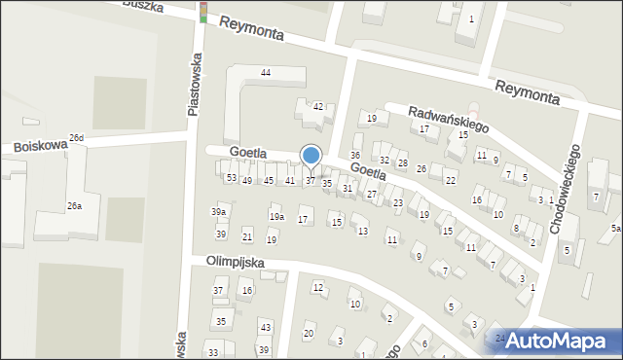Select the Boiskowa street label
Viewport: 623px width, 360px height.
40,146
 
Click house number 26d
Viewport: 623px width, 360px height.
76,138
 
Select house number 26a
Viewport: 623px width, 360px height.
74,205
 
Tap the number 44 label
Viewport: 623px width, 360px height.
265,73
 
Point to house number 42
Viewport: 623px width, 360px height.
317,106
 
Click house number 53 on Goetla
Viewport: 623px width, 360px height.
231,178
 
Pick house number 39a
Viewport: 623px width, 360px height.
219,212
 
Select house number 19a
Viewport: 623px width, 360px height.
276,216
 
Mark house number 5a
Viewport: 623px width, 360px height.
615,228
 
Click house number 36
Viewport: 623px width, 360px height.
355,156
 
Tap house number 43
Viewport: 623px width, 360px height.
265,327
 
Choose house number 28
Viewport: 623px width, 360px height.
402,162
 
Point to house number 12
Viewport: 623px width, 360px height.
318,287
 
